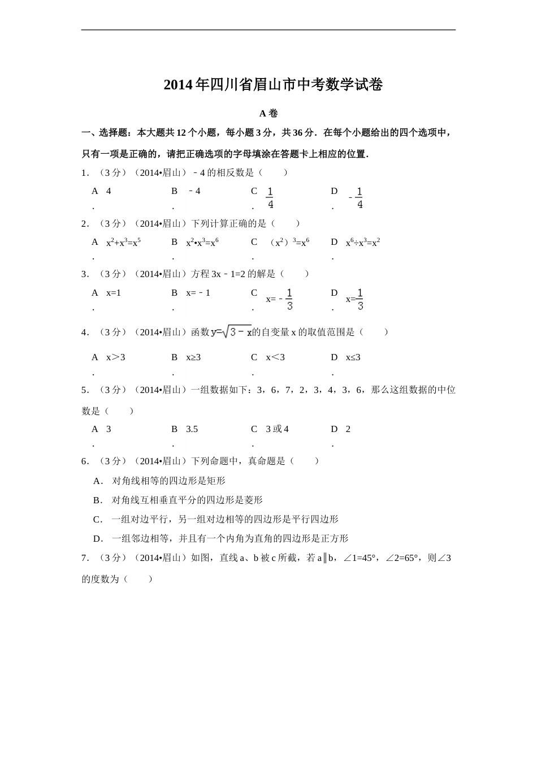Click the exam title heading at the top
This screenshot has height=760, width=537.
(x=273, y=85)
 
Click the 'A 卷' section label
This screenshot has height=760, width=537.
(x=268, y=113)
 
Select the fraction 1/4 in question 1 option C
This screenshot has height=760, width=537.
(x=270, y=198)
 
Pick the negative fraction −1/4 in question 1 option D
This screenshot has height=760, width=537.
(x=356, y=198)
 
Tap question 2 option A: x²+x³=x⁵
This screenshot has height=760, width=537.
(x=123, y=242)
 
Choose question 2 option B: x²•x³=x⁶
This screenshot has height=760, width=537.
(x=202, y=242)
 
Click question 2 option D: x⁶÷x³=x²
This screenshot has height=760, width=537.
(x=363, y=242)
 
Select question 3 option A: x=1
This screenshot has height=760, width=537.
(x=114, y=293)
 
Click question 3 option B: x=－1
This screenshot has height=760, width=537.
(x=198, y=293)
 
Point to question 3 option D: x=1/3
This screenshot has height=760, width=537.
(x=355, y=299)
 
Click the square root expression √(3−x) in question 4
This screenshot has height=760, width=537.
(x=237, y=332)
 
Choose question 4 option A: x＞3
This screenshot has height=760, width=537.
(x=116, y=357)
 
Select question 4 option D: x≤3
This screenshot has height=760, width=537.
(x=353, y=357)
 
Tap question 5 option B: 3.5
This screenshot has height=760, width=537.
(x=192, y=429)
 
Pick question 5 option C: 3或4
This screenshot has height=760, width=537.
(x=277, y=429)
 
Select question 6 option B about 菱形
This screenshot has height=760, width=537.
(x=187, y=500)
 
